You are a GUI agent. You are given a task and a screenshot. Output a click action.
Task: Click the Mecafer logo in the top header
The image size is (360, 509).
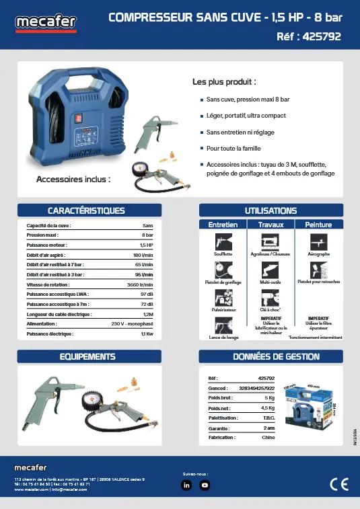46,24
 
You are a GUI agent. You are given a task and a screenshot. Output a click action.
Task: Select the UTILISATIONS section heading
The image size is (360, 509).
271,210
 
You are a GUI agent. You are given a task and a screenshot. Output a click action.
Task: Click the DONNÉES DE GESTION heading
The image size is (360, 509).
271,356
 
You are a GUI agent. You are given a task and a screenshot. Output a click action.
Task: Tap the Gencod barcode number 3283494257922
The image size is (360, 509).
252,388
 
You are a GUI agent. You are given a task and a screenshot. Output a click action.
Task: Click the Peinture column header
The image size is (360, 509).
318,223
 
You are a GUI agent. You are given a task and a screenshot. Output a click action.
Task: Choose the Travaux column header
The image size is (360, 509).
271,223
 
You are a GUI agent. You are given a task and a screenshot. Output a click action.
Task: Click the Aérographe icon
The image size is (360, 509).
318,242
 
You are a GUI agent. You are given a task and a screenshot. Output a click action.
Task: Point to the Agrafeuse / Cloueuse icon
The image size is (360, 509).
270,242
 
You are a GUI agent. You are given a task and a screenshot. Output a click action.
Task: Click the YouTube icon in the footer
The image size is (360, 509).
205,484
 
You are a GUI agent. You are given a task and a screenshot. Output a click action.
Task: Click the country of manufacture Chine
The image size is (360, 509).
268,437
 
